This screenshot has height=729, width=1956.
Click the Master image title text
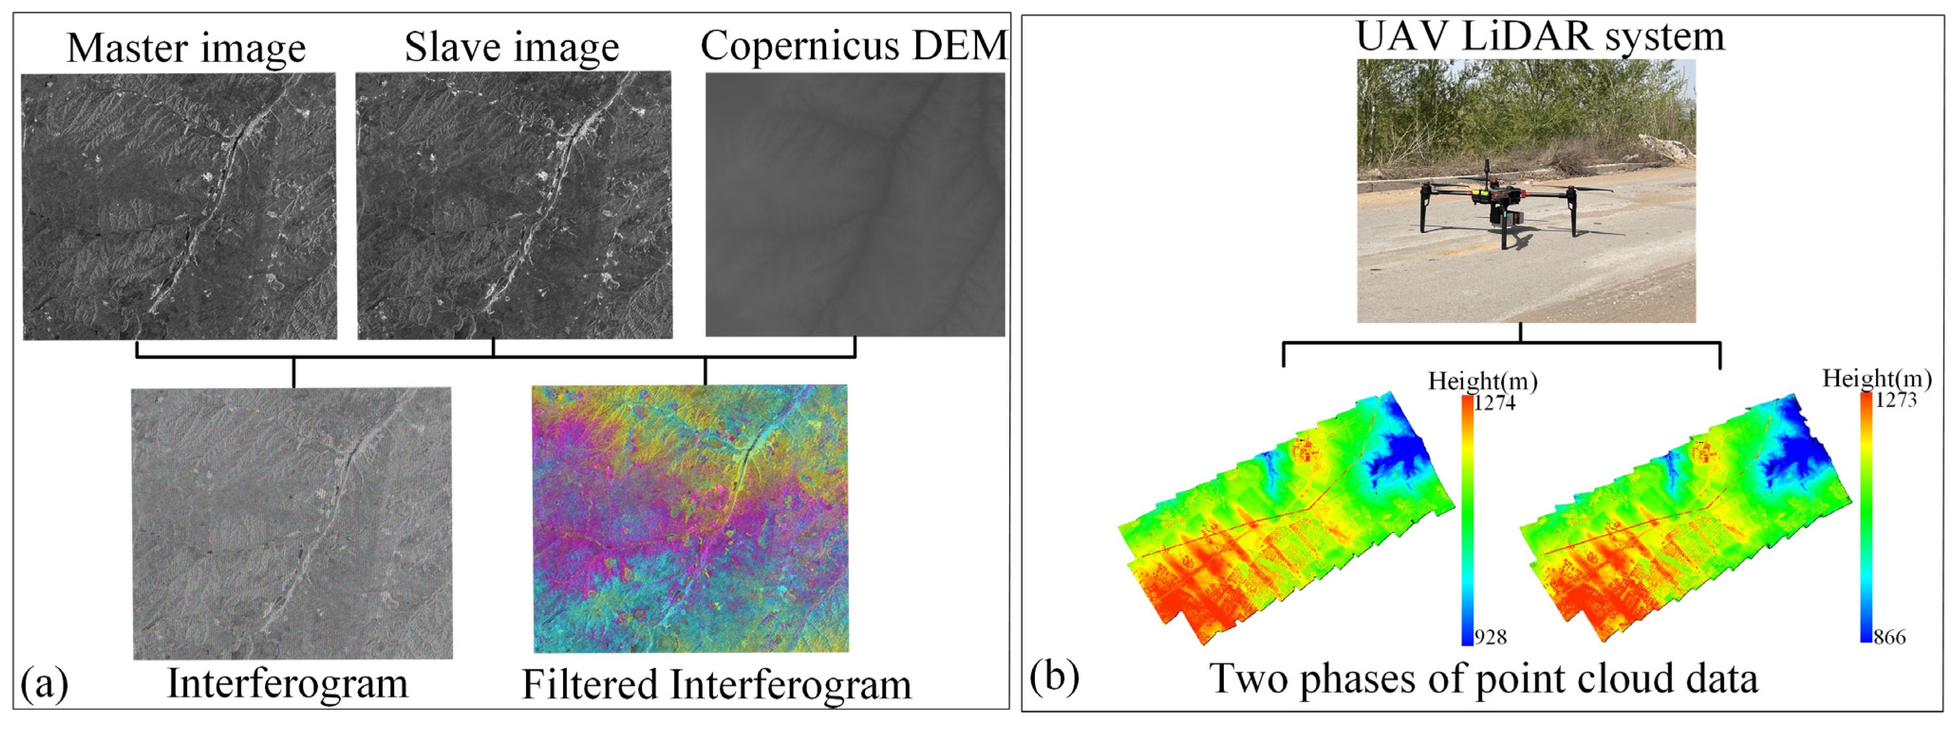186,48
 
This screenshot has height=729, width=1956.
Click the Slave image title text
512,47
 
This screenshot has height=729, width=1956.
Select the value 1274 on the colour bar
1495,403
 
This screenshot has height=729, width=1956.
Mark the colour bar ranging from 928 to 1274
1467,520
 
